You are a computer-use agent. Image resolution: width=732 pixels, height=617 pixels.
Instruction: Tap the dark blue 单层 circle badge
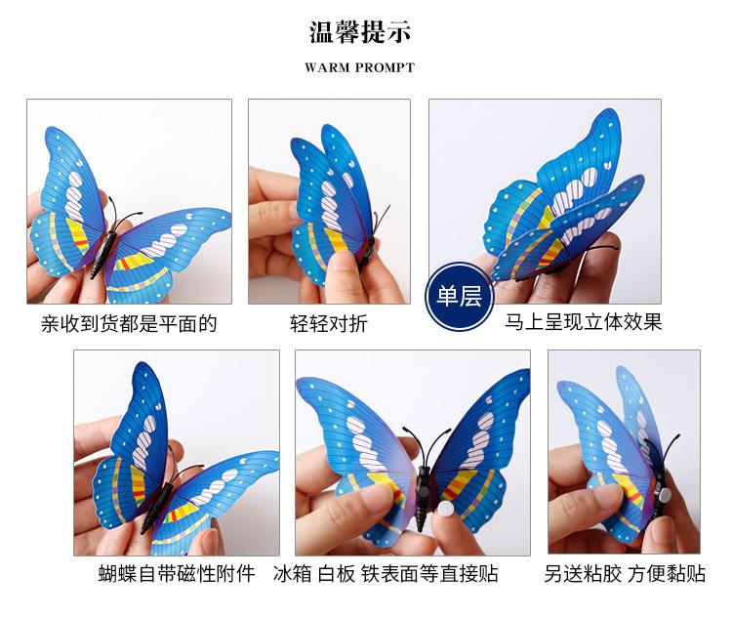coord(458,297)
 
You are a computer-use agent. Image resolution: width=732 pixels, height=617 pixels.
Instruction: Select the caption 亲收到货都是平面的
coord(129,323)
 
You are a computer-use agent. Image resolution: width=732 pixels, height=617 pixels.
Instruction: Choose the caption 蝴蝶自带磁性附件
coord(176,573)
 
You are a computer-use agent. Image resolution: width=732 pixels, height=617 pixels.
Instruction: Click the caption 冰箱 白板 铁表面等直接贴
coord(386,573)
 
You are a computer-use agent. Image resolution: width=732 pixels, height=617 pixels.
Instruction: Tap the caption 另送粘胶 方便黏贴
coord(625,573)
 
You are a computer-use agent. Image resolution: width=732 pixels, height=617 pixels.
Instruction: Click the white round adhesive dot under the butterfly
coord(432,513)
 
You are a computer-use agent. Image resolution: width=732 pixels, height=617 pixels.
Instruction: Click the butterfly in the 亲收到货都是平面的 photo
coord(122,220)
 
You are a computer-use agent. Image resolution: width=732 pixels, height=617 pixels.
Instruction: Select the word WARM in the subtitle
coord(326,68)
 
